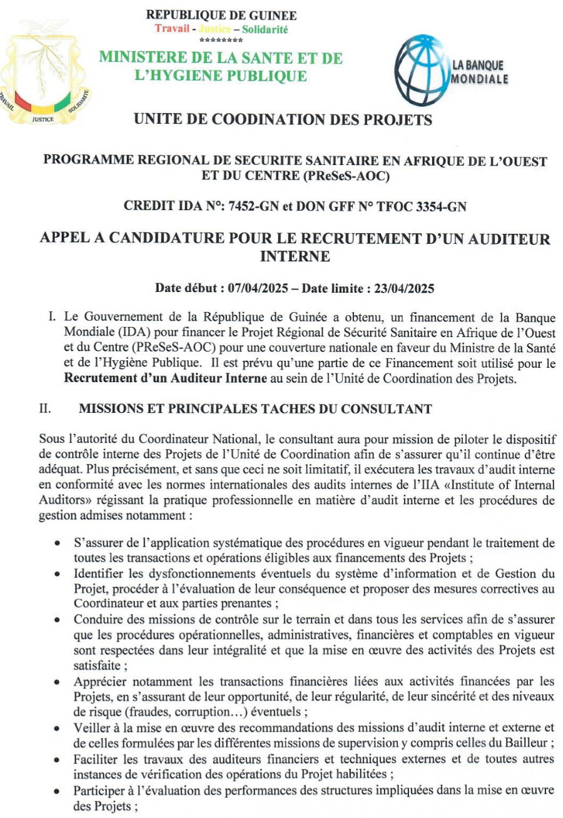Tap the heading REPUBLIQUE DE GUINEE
tap(221, 16)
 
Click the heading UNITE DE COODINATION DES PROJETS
tap(283, 120)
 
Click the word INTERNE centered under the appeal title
tap(295, 256)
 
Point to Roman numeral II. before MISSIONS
tap(45, 409)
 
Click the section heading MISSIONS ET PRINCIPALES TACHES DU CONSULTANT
tap(255, 409)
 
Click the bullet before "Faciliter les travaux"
tap(58, 760)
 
